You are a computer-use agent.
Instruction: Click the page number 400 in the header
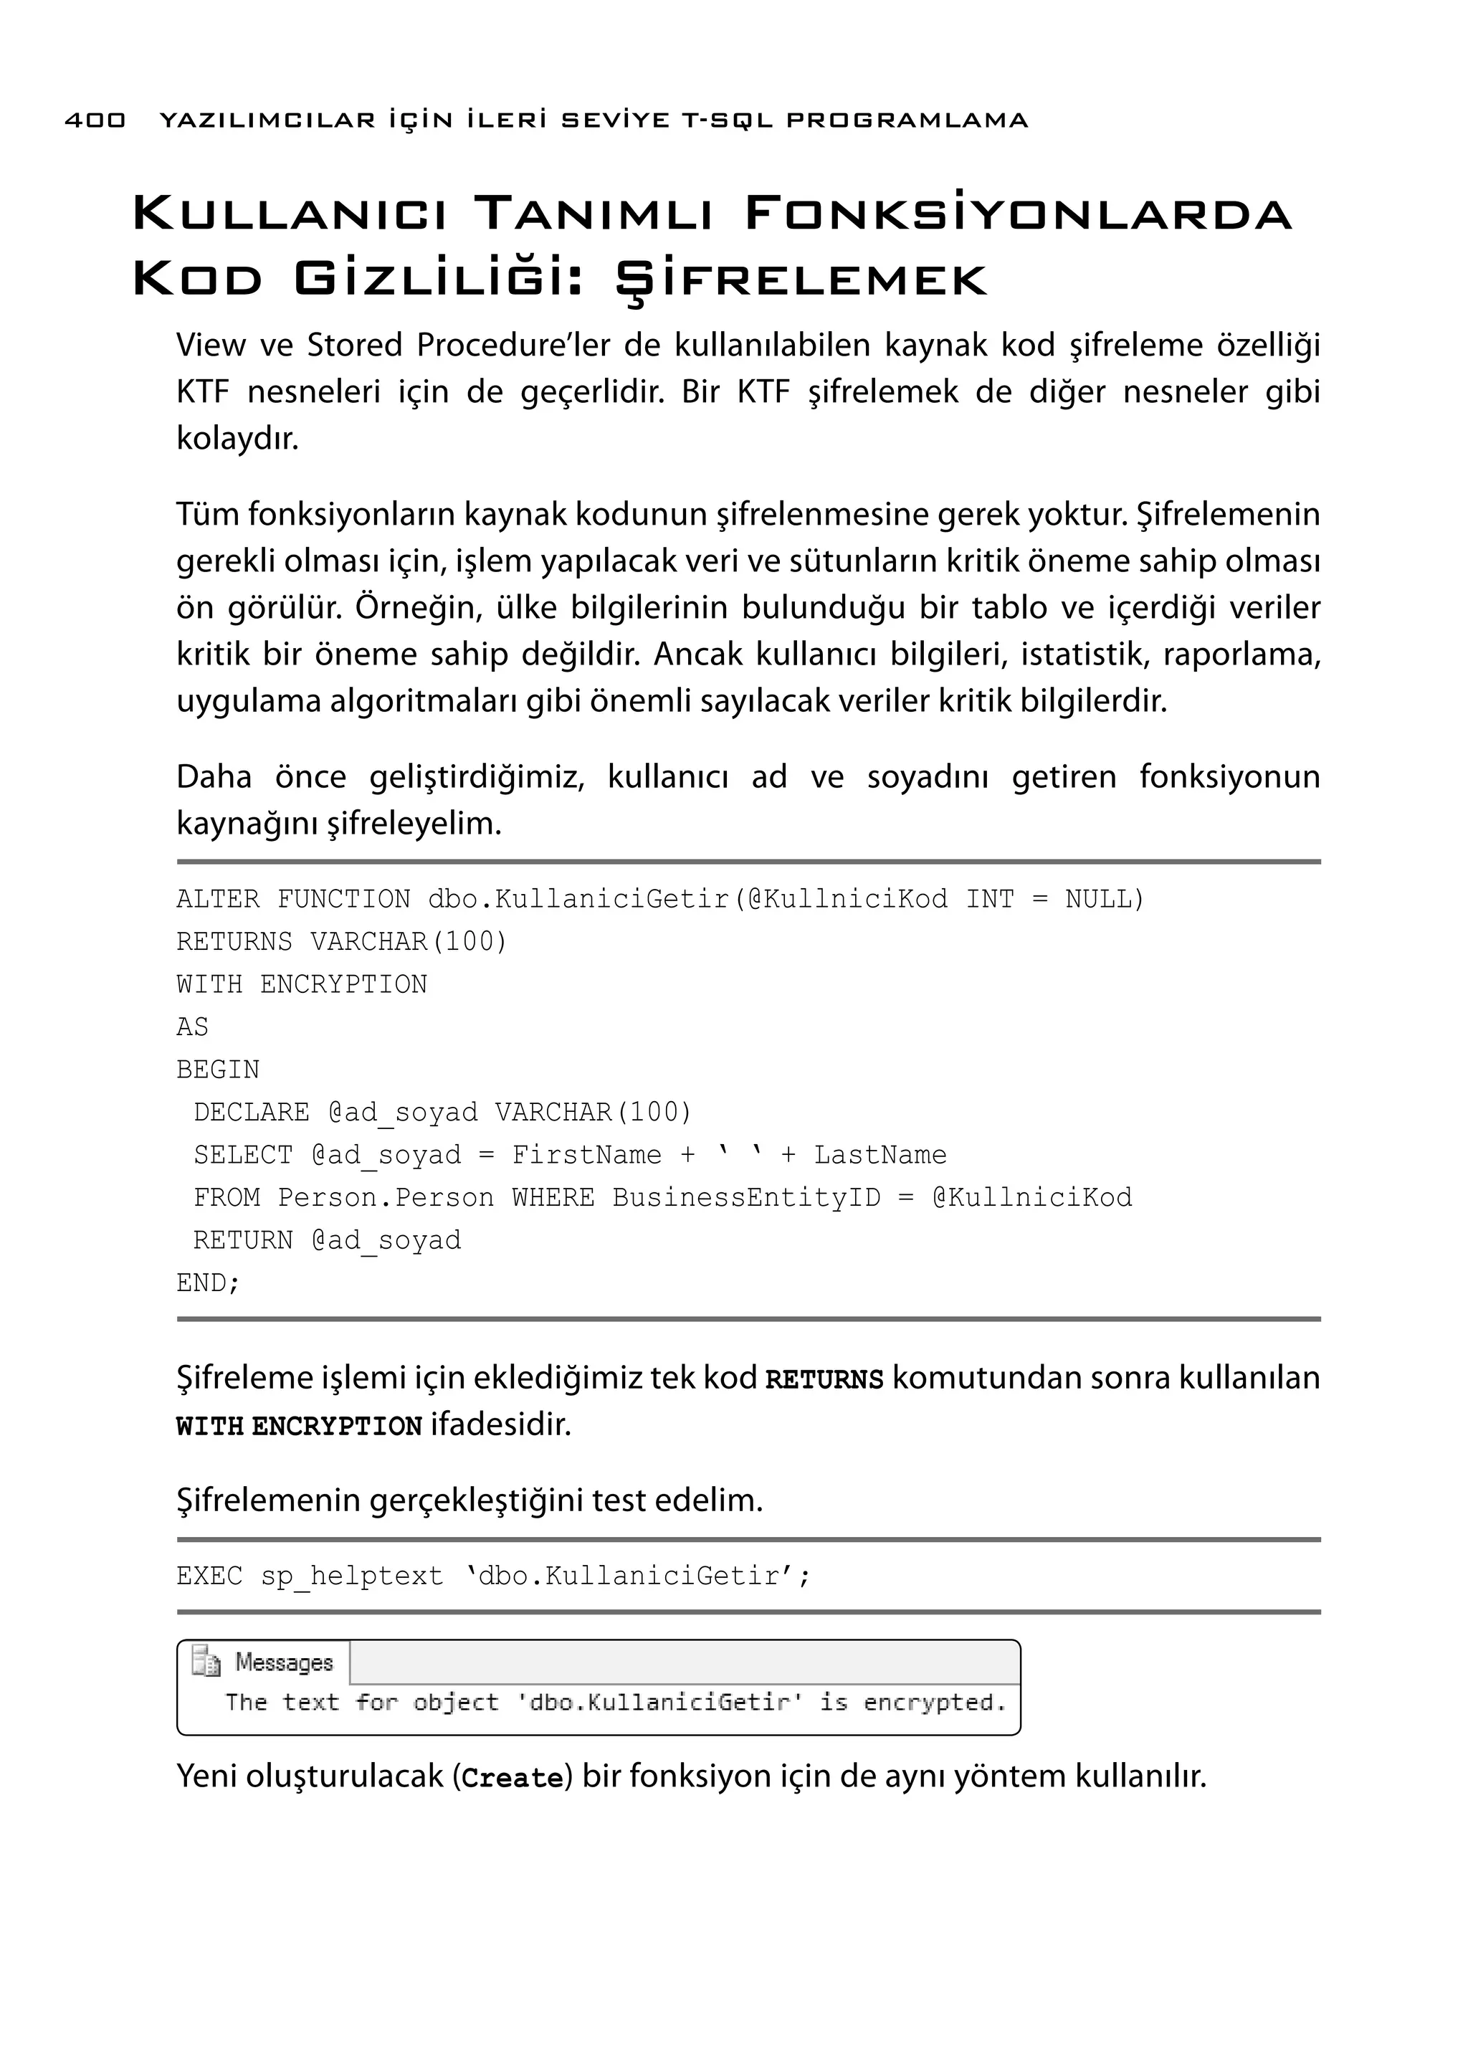click(95, 120)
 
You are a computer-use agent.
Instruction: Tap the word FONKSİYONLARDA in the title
click(1018, 214)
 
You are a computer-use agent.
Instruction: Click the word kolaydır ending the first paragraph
click(237, 439)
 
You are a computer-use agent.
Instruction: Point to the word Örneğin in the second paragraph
click(416, 608)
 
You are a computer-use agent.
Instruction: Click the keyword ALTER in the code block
click(217, 900)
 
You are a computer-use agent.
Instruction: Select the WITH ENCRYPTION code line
click(301, 984)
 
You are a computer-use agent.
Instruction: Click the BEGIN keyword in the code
click(218, 1070)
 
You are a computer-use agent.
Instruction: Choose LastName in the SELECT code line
click(880, 1156)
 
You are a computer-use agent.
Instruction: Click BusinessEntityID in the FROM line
click(745, 1198)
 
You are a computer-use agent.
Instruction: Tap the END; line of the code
click(208, 1283)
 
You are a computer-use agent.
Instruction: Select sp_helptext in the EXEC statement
click(352, 1577)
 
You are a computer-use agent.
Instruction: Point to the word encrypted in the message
click(934, 1703)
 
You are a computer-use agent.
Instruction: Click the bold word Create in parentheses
click(512, 1779)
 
